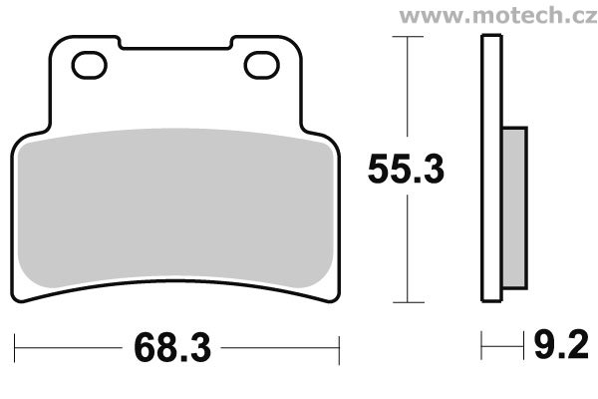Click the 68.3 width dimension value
172,348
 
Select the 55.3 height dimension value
407,168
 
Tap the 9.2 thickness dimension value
561,345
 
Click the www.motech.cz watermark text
498,16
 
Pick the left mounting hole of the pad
90,65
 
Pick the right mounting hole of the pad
261,65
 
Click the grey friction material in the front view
175,208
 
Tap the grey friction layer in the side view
514,208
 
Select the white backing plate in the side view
492,169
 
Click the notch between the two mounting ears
175,48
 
